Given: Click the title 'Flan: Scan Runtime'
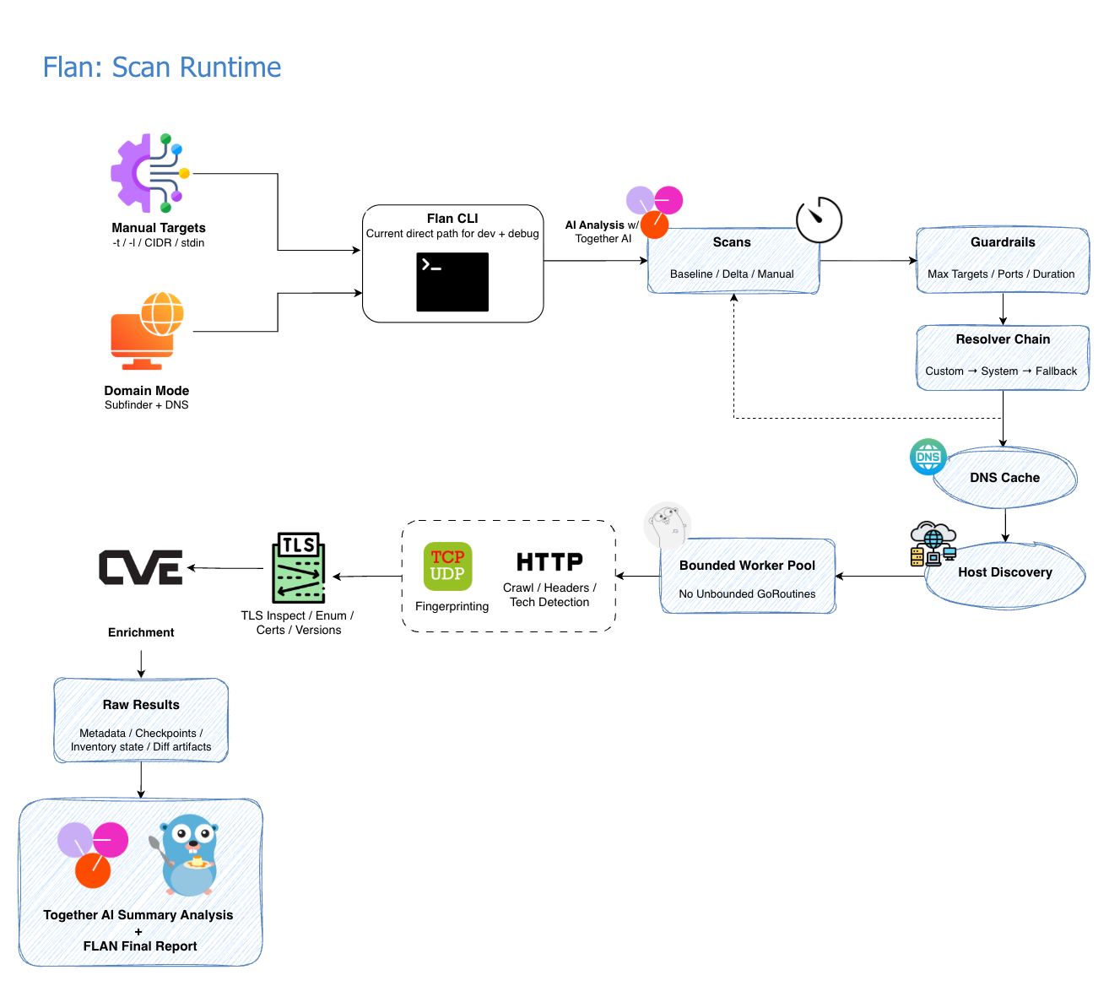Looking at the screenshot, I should tap(162, 68).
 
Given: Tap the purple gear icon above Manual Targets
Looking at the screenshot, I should tap(149, 173).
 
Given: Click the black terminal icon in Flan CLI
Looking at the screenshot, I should tap(452, 282).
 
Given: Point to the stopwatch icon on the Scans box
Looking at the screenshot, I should tap(819, 220).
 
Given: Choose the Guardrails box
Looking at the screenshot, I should tap(1003, 260).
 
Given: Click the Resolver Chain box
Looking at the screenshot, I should tap(1003, 357).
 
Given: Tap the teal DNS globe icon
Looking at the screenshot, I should tap(928, 457).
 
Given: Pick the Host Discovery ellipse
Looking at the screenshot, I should tap(1005, 573).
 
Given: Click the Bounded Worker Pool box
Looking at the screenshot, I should tap(748, 577).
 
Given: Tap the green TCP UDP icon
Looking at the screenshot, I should tap(447, 566).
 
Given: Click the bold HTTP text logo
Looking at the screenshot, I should tap(549, 562).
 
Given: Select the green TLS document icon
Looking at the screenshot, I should tap(299, 567).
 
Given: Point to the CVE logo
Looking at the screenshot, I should tap(141, 567).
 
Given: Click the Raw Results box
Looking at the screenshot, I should tap(141, 721).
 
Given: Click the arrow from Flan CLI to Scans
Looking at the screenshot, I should tap(595, 261).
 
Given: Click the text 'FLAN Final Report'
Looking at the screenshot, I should tap(140, 946).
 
